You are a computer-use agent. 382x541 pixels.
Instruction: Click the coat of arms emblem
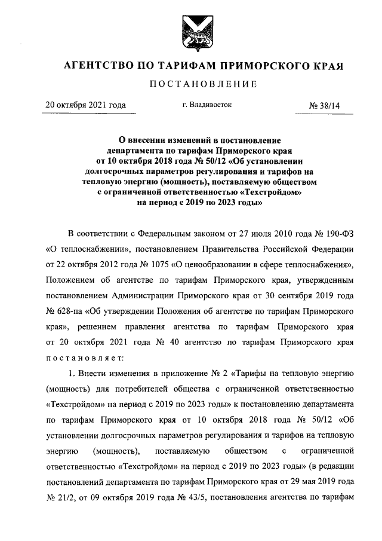pos(190,29)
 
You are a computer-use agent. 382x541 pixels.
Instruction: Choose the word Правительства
pos(242,248)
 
